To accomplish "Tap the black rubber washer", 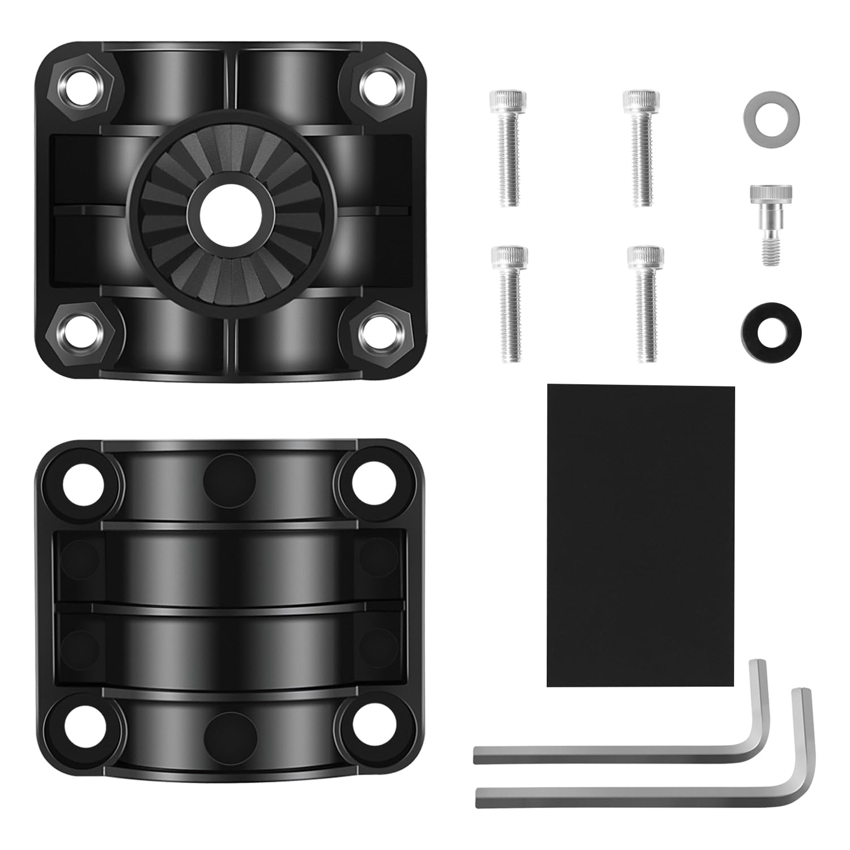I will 766,329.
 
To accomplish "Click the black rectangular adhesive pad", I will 641,535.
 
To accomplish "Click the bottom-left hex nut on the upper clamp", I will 81,328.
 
